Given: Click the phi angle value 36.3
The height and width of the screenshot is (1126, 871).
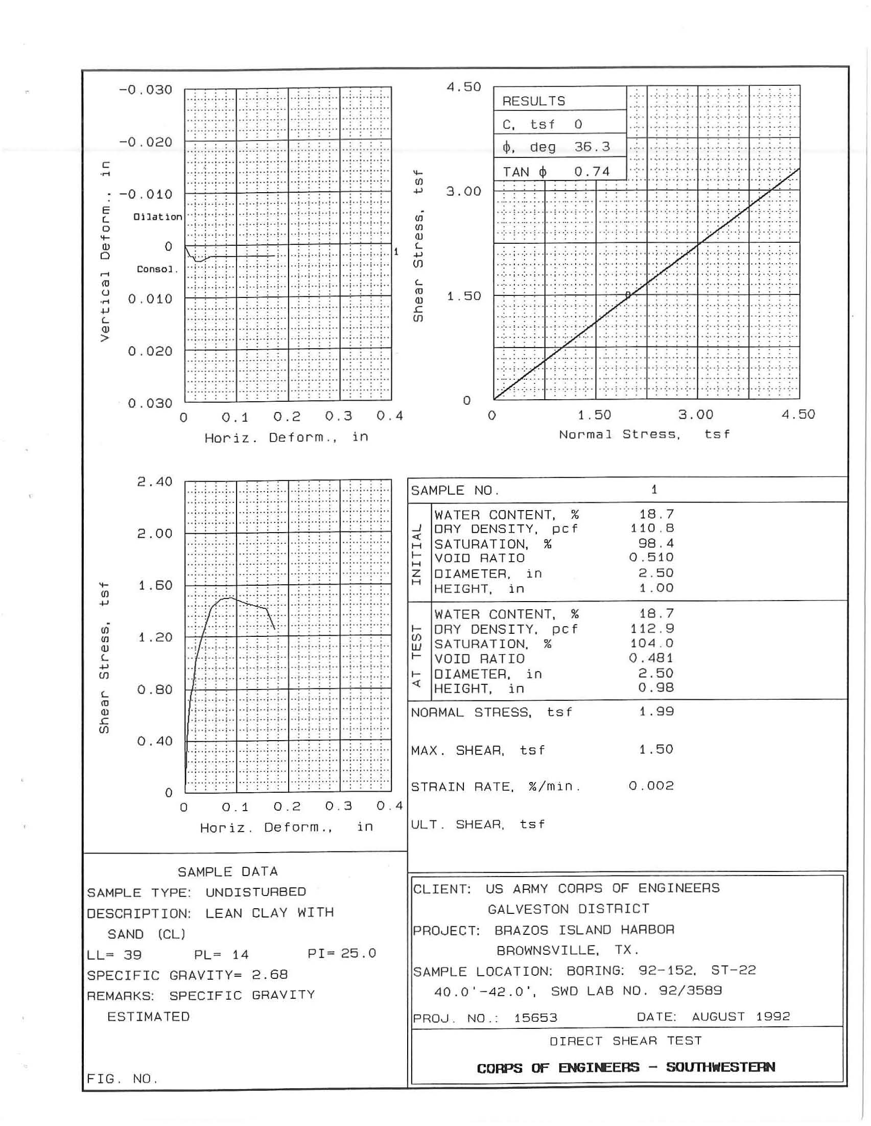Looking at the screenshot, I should click(x=592, y=147).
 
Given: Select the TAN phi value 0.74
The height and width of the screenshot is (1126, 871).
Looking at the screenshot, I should click(x=592, y=172).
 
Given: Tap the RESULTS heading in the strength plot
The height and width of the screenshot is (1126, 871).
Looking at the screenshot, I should click(x=533, y=101).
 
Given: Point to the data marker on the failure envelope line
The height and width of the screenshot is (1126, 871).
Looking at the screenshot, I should click(x=628, y=295).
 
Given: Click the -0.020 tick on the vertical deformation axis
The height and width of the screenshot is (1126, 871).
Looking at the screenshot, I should click(x=146, y=142).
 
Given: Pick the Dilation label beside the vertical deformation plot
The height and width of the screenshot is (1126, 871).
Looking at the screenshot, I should click(x=158, y=217).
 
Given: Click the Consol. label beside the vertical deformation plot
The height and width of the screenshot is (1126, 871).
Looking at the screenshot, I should click(x=157, y=269).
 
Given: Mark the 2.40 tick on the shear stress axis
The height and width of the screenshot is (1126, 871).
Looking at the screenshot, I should click(x=155, y=481).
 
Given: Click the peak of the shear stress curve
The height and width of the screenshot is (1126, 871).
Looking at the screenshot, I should click(x=228, y=598).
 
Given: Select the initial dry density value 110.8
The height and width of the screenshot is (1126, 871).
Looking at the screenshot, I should click(x=652, y=528).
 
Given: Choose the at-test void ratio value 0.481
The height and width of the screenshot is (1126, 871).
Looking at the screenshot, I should click(x=651, y=658).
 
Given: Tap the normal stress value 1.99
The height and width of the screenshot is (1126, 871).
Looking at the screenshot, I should click(x=656, y=711).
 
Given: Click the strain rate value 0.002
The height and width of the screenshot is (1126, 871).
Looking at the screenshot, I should click(x=651, y=786).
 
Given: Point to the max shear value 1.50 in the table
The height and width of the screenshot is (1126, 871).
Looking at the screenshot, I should click(x=656, y=749).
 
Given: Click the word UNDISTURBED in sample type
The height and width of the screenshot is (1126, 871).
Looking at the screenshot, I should click(x=255, y=892).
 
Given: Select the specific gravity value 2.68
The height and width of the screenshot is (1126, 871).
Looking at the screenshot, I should click(x=270, y=975).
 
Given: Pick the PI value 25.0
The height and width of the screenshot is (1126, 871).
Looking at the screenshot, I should click(x=358, y=953).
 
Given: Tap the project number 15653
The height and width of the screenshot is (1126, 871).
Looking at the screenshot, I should click(x=535, y=1018).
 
